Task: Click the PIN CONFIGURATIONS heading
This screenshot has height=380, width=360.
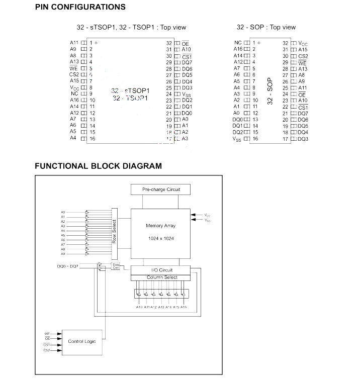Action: [80, 7]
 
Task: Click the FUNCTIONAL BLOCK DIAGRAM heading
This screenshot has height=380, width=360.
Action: [98, 166]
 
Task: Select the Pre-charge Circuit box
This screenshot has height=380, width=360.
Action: [160, 189]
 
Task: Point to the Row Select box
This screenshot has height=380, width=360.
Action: [114, 231]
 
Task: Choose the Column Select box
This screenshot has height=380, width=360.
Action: [161, 277]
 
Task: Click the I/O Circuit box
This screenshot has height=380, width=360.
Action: [161, 270]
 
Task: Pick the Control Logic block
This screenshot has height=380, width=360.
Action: [82, 341]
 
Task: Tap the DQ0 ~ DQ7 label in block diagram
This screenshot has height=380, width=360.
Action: [67, 265]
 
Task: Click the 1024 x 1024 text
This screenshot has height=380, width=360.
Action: [160, 237]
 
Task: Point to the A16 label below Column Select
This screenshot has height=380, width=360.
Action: [184, 307]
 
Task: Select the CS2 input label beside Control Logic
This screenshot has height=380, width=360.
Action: [47, 350]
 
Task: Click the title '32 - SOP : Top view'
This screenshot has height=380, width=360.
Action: [266, 27]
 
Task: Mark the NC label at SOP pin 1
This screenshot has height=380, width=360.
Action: [238, 43]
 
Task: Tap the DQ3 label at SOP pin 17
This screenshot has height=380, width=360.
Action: [303, 139]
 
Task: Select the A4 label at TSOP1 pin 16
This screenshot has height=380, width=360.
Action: [73, 138]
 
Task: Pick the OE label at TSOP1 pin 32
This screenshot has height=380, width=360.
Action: [185, 43]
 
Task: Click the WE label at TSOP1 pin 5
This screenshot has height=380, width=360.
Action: [73, 68]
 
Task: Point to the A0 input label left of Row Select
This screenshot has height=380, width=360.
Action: [63, 212]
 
